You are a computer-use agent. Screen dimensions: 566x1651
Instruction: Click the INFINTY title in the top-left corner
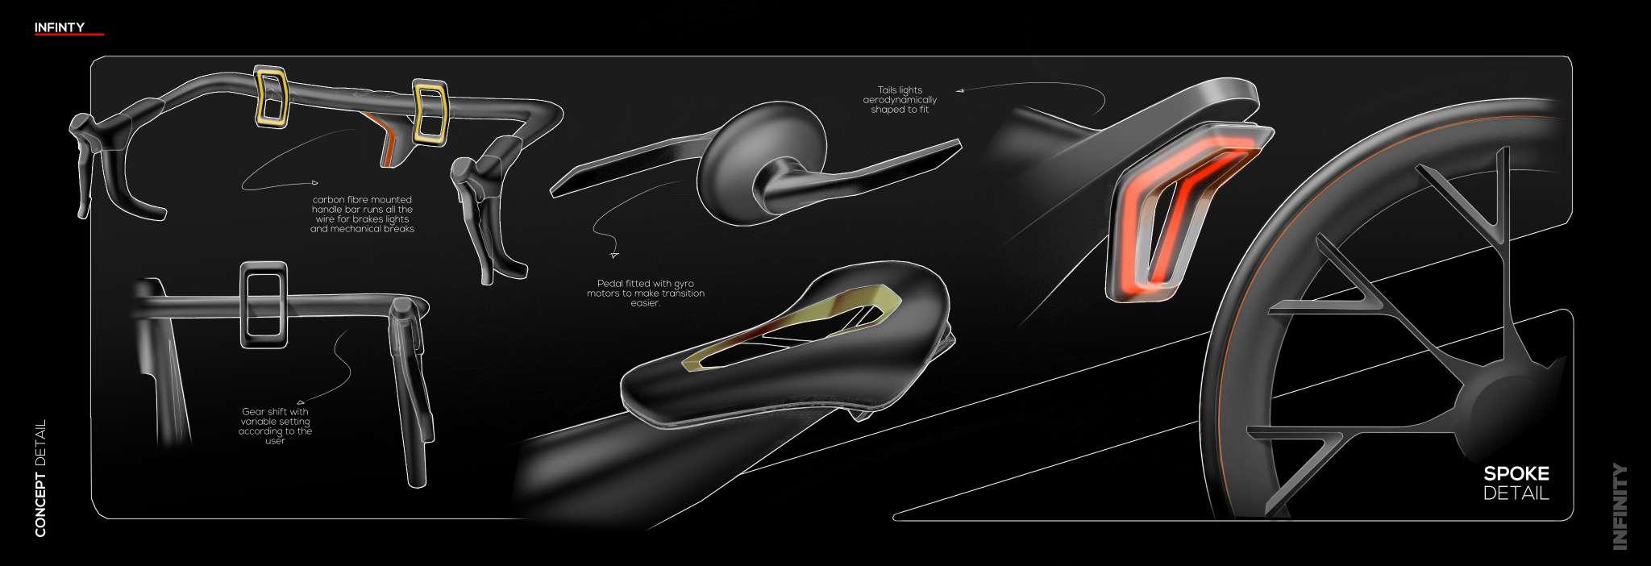tap(59, 27)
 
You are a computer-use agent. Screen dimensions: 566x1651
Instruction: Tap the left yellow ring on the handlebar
tap(272, 97)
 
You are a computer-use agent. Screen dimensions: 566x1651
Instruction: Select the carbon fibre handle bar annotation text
tap(362, 214)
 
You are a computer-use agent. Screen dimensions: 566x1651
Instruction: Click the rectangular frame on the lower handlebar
tap(264, 306)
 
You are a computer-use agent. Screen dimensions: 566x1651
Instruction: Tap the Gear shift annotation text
tap(275, 426)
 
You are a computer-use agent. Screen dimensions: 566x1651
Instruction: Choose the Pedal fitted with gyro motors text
tap(645, 293)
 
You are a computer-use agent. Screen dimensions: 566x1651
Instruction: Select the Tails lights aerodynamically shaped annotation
tap(900, 100)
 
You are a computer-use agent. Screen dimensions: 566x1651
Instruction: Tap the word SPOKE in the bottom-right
tap(1516, 475)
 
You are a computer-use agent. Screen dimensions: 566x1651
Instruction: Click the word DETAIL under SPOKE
tap(1516, 493)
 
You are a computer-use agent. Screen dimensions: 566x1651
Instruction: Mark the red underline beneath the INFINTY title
tap(70, 35)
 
